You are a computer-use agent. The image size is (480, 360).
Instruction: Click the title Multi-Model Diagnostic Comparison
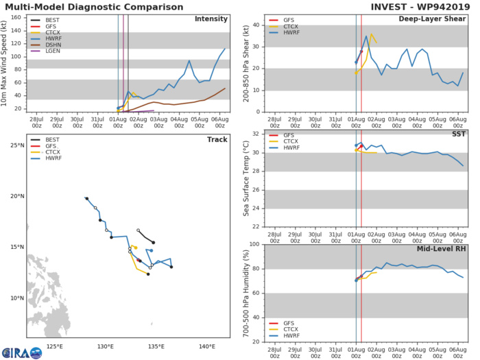point(97,6)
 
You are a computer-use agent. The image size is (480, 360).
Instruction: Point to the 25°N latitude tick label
point(16,145)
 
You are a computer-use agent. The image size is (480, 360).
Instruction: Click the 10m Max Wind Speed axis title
point(6,62)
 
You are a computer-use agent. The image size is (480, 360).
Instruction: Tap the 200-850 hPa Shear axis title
point(246,62)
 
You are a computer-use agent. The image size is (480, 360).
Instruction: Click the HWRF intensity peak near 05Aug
point(189,60)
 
